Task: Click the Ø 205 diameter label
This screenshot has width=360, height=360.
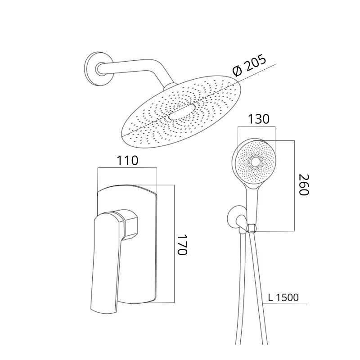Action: [x=249, y=65]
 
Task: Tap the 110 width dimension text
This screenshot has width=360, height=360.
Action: [x=128, y=161]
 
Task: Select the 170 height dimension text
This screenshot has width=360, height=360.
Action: [x=183, y=244]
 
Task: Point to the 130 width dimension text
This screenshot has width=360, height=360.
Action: [x=258, y=119]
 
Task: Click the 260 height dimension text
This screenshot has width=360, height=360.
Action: [x=304, y=185]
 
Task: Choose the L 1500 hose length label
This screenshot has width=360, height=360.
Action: [x=283, y=297]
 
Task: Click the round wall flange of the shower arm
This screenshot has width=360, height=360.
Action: [x=98, y=69]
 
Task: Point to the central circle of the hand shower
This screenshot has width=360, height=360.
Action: [x=255, y=162]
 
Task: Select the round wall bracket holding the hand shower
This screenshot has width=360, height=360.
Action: [x=234, y=217]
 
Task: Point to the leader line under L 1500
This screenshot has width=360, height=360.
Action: [x=285, y=303]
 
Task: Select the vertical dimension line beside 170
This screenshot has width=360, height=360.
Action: [x=174, y=244]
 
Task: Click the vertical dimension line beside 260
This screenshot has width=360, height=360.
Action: [x=294, y=186]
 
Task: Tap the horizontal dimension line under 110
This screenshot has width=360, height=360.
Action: [x=127, y=168]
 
